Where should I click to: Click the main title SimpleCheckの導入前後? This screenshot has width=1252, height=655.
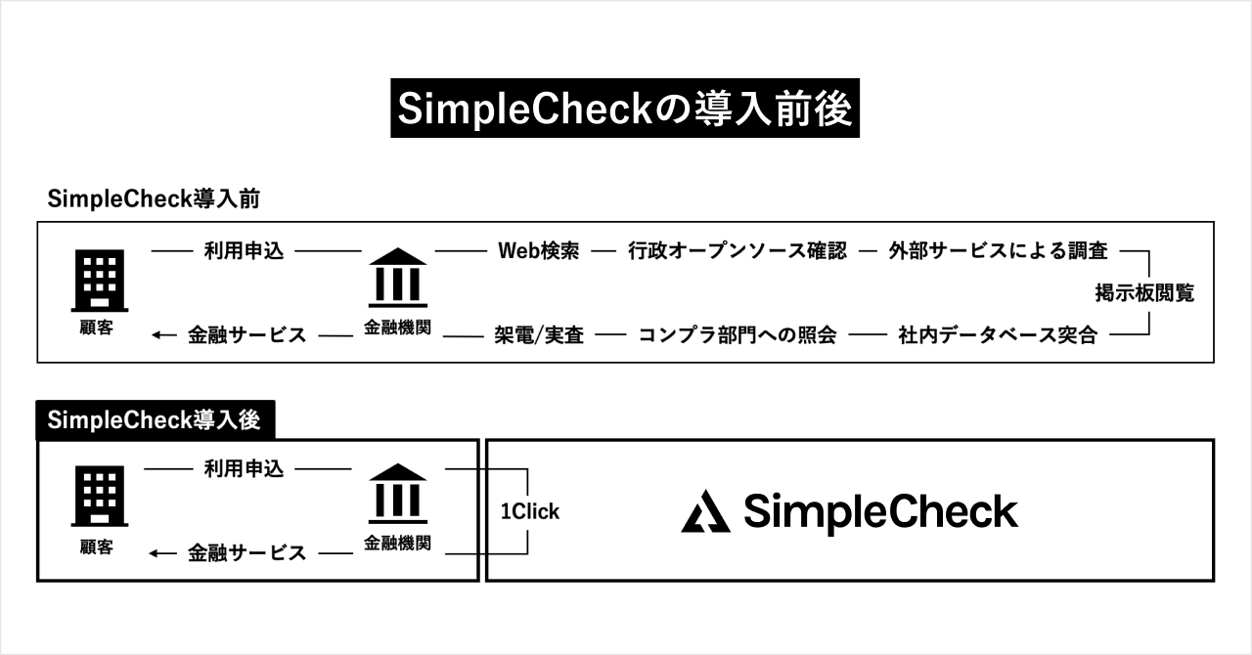coord(625,109)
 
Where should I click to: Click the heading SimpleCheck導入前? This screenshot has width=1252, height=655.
coord(152,198)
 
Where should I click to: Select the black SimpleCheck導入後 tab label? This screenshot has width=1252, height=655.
coord(154,420)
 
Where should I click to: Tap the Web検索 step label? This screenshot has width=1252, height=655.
coord(539,251)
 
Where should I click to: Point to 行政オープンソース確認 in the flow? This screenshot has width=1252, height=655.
coord(738,251)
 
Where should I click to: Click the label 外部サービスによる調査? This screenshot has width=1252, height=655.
coord(998,251)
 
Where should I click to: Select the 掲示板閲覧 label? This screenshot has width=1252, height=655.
coord(1144,292)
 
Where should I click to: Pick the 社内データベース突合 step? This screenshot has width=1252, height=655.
coord(998,335)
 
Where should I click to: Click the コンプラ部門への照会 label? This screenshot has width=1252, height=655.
coord(738,335)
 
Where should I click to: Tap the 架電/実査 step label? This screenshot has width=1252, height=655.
coord(539,335)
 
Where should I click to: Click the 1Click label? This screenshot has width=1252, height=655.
coord(530,511)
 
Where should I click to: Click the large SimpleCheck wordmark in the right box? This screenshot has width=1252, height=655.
coord(880,511)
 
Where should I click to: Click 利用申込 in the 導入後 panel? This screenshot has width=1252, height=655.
coord(244,469)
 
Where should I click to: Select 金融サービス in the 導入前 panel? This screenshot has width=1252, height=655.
coord(246,335)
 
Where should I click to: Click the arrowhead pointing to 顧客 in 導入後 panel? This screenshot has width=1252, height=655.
coord(156,553)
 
